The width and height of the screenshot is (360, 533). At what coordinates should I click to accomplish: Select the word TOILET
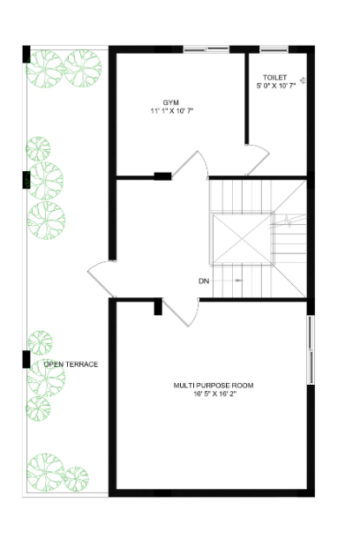(x=274, y=78)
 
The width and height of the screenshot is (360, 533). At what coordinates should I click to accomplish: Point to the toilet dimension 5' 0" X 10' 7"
(x=274, y=86)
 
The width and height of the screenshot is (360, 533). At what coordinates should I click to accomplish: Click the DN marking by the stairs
(x=204, y=282)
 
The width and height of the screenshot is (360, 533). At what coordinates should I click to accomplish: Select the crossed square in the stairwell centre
(x=240, y=237)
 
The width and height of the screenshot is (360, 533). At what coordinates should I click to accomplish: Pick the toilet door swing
(x=257, y=161)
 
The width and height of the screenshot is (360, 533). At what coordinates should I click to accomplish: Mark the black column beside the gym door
(x=162, y=176)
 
